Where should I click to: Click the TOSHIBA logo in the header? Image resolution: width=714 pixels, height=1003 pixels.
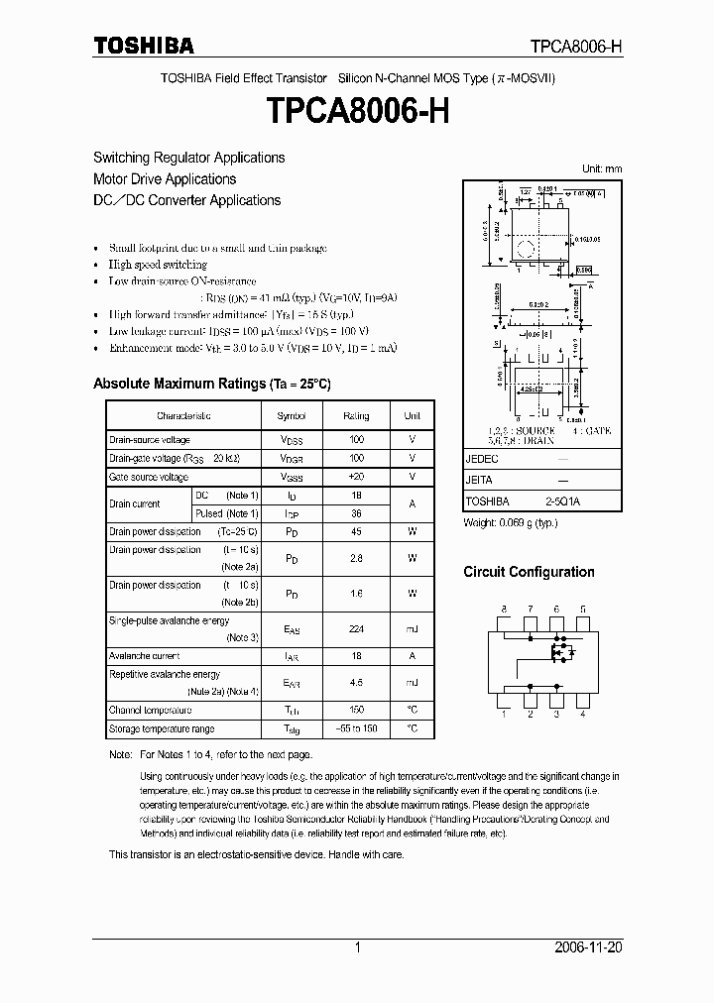pos(144,46)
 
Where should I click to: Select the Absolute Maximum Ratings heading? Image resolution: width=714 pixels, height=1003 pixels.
pos(211,383)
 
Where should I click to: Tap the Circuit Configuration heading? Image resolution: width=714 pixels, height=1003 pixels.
pos(529,572)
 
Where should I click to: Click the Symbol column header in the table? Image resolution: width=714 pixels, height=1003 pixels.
pos(291,416)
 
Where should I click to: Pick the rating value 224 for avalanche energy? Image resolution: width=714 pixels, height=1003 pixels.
pos(356,628)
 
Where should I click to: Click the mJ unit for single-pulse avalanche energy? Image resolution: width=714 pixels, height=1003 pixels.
pos(412,628)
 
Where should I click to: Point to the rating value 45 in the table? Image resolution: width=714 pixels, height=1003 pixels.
pos(356,531)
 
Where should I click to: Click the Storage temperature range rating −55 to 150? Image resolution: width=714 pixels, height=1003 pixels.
pos(356,728)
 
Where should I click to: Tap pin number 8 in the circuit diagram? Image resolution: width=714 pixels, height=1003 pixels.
pos(504,609)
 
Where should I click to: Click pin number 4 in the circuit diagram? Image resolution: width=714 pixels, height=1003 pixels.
pos(582,714)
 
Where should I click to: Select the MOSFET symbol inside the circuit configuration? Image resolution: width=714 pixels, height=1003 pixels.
pos(561,653)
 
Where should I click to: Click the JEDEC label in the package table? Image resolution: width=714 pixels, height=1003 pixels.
pos(482,460)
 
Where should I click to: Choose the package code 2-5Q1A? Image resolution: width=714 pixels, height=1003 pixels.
pos(562,501)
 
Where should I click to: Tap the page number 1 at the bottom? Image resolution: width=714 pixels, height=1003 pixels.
pos(357,947)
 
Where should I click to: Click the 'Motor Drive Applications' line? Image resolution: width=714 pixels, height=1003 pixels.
pos(165,179)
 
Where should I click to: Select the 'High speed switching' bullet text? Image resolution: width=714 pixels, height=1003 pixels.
pos(158,265)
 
